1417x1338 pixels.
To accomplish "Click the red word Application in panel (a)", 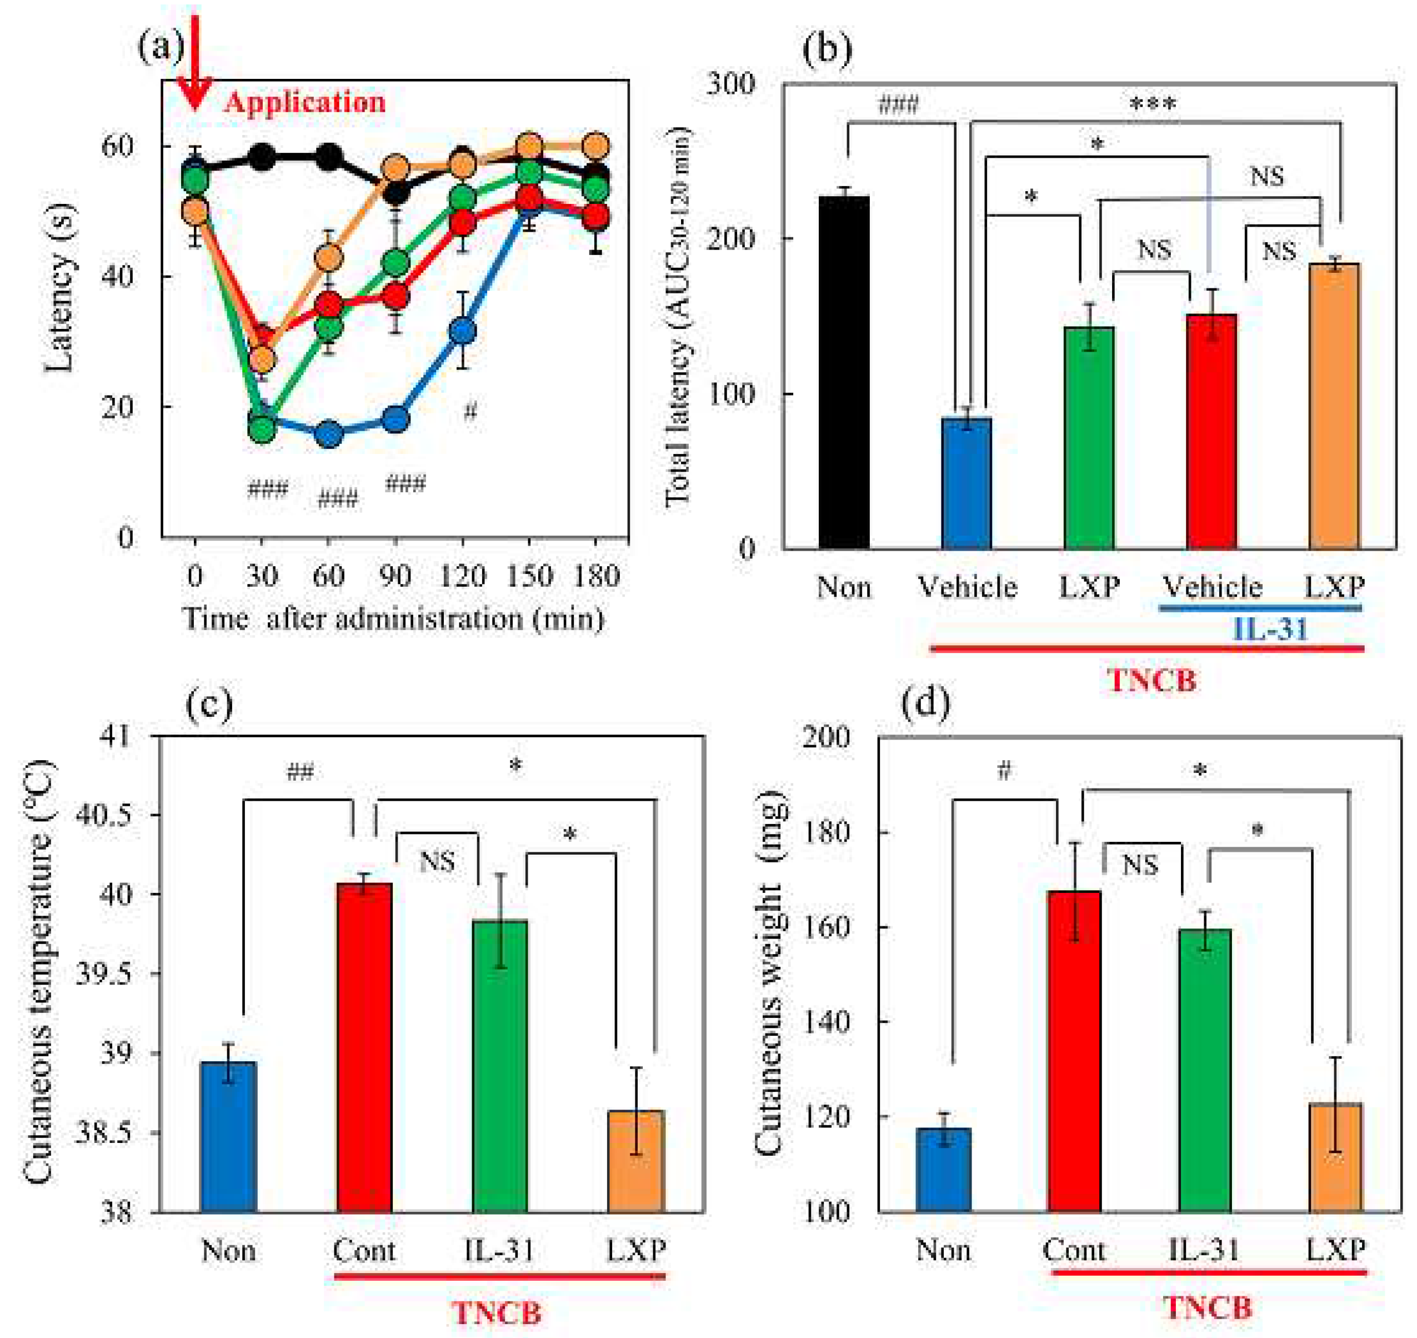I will (x=304, y=103).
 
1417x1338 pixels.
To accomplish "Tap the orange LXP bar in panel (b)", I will (x=1334, y=407).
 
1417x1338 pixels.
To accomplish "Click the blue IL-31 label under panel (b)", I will (x=1270, y=629).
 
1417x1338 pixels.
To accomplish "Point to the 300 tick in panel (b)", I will (x=730, y=84).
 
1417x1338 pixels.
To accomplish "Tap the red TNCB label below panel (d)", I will (x=1208, y=1308).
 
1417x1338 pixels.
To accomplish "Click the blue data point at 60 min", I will (x=328, y=433).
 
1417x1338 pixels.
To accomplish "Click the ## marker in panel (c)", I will (x=300, y=772).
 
